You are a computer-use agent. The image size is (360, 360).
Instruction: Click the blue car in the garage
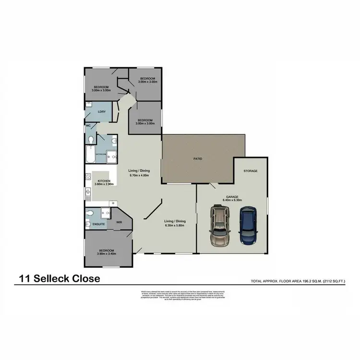(248, 225)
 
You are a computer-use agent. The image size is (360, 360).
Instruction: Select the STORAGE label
(251, 171)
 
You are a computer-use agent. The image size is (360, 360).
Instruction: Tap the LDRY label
(101, 112)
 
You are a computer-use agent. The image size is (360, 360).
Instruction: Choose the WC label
(88, 126)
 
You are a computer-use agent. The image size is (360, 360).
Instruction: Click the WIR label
(119, 222)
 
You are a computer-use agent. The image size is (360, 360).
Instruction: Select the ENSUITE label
(99, 224)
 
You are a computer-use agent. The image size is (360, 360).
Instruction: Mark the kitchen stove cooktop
(88, 179)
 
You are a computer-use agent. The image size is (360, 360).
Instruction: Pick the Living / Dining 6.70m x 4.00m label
(139, 173)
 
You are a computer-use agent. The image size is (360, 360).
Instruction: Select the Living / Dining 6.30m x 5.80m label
(175, 223)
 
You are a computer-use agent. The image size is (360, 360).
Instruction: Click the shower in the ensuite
(106, 213)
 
